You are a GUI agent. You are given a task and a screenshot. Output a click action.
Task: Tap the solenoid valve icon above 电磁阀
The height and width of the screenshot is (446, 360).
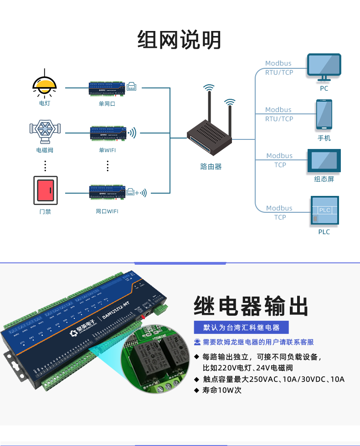point(45,129)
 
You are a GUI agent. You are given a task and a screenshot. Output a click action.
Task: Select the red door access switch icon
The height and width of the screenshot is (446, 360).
point(45,190)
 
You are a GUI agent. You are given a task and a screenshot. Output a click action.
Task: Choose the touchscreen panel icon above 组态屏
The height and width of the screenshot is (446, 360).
point(324,161)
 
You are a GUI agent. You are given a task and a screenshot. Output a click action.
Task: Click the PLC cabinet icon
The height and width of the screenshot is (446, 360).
point(324,210)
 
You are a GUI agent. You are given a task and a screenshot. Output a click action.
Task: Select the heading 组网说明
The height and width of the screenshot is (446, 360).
point(180,40)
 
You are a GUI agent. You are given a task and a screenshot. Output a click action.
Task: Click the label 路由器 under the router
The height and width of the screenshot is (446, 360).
point(211,167)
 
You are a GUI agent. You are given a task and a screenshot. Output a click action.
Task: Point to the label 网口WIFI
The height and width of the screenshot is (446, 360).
point(107,211)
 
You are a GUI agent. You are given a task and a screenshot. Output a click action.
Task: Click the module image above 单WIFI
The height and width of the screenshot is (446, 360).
point(108,132)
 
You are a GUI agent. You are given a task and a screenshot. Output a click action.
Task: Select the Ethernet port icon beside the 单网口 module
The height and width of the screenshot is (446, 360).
point(132,86)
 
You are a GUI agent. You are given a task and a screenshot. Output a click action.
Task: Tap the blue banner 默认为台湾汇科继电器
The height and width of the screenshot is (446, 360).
point(242,328)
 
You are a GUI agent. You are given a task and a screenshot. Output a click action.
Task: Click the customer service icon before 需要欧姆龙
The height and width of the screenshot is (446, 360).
point(197,342)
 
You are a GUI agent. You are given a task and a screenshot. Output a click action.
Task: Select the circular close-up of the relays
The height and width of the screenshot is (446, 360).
point(157,359)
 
